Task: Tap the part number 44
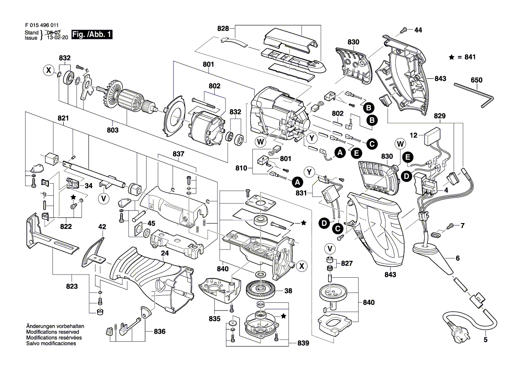418,30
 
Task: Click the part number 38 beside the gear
288,291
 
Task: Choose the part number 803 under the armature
113,130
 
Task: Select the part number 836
159,332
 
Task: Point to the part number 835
215,319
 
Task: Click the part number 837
178,154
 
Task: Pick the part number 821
63,118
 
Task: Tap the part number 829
440,116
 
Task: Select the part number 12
413,135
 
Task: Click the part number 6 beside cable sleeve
458,258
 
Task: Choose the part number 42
102,227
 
